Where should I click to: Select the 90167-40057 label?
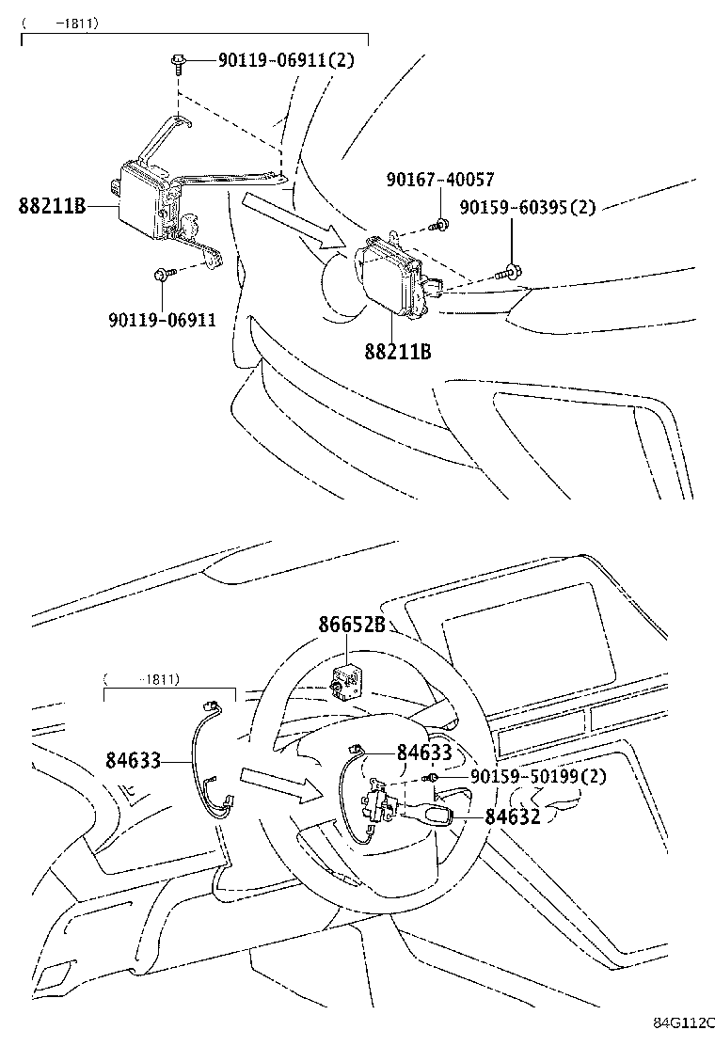tap(439, 180)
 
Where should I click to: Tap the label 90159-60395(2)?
tap(527, 207)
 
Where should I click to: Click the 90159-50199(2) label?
tap(537, 776)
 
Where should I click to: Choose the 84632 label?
tap(513, 816)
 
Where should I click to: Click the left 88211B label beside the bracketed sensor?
tap(52, 205)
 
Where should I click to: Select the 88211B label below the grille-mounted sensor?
tap(398, 353)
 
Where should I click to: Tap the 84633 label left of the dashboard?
tap(134, 760)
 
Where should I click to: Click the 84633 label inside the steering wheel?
tap(424, 752)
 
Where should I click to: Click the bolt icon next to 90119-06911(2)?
tap(177, 62)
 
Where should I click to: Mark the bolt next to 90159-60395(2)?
tap(507, 273)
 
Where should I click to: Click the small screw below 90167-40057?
tap(438, 225)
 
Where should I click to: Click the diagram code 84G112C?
tap(684, 1022)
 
